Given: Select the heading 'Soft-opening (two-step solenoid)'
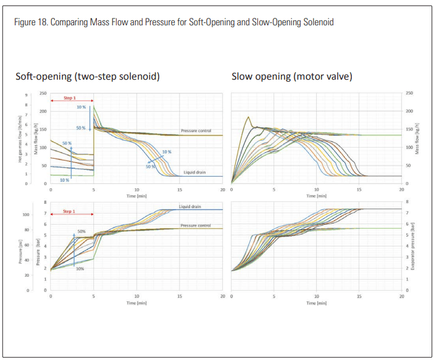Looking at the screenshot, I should pos(88,77).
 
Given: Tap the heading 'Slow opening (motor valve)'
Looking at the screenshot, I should pos(292,77).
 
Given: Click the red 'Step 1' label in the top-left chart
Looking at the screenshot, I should pos(70,98).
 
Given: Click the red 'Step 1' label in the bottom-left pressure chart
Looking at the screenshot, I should pos(69,212).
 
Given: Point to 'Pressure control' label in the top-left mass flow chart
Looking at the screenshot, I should pos(196,131).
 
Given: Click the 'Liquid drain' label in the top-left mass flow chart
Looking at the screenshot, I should pos(195,172).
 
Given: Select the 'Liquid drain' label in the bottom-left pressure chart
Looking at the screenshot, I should pos(191,206).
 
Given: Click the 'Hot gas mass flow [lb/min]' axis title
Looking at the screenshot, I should pos(20,140).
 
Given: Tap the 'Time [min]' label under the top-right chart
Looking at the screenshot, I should pos(316,196).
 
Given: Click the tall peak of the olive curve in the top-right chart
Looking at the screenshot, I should pos(248,117).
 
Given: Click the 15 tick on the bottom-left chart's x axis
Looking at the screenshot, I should pos(179,296).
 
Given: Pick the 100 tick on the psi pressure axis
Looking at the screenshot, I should pos(26,215).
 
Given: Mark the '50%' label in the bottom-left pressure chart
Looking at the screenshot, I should pos(81,230).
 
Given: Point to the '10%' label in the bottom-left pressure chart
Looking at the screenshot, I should pos(80,269).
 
